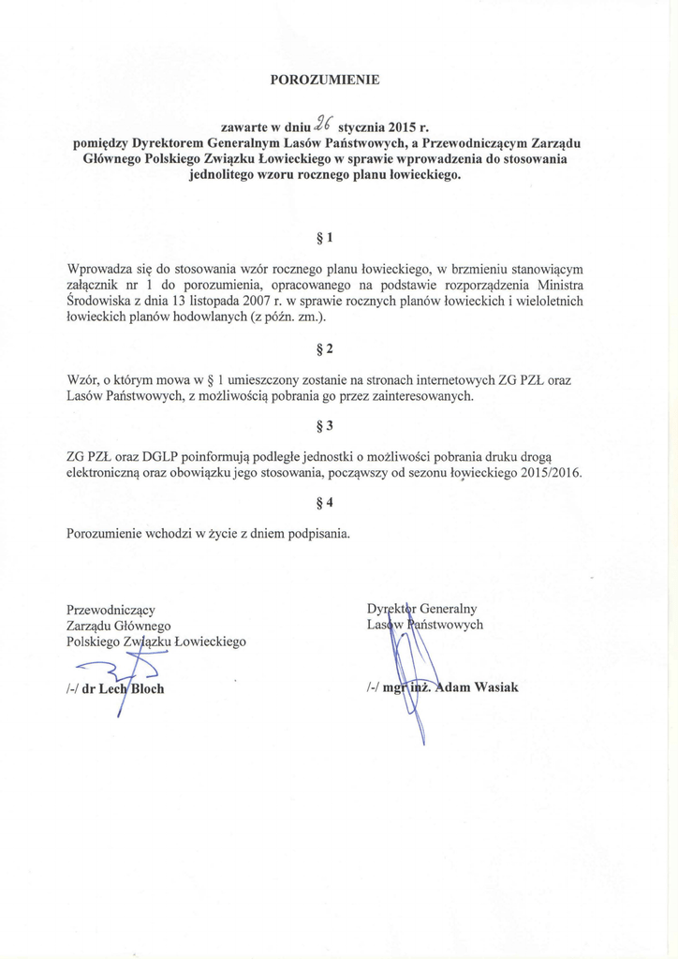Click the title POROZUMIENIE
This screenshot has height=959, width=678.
pos(324,80)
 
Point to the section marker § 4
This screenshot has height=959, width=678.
pos(325,503)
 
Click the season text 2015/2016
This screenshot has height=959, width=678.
pos(549,473)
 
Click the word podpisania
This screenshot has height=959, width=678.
pos(317,534)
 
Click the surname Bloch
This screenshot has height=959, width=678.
pos(146,688)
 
